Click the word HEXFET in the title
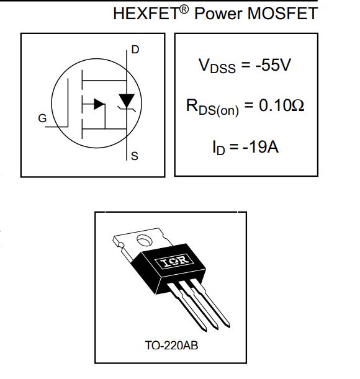point(146,13)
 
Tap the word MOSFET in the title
point(282,13)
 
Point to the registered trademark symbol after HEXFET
point(184,9)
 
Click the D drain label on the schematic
point(135,50)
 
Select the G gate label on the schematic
point(42,118)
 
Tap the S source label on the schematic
point(135,156)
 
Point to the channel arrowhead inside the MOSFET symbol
point(99,104)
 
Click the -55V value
point(273,65)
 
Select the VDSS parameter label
point(217,66)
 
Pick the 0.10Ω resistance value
point(281,105)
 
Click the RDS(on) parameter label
point(212,107)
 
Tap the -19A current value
point(261,146)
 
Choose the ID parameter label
point(218,147)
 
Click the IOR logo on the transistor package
point(174,261)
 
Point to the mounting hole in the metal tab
point(145,240)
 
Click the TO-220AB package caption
point(171,345)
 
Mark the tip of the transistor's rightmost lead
point(228,327)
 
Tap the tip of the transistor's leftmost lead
point(205,331)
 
